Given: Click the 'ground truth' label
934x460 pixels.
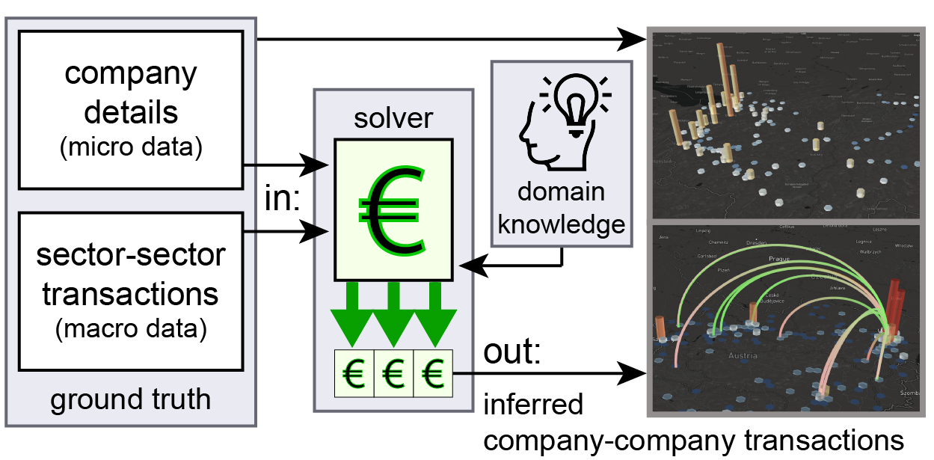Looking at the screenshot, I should [x=130, y=400].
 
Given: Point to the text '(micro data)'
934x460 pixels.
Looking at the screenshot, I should [x=131, y=147].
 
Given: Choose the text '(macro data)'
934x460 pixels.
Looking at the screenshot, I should [x=131, y=327].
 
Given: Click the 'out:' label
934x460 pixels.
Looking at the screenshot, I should [x=511, y=352].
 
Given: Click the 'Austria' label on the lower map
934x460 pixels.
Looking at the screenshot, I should [x=745, y=356].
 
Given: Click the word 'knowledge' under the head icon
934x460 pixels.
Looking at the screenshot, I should [x=561, y=224].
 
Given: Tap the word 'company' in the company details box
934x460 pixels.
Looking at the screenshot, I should [x=131, y=75].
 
